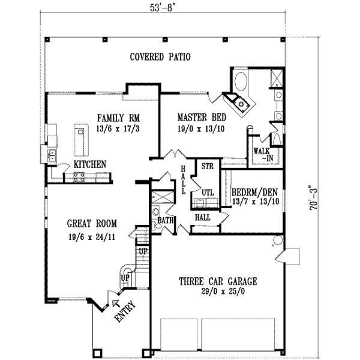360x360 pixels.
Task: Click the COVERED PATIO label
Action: point(160,58)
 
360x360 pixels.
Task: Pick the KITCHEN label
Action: point(90,164)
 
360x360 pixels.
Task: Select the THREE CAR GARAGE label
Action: point(218,281)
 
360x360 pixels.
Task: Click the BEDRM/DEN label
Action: point(255,193)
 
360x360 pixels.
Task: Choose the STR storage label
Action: point(208,166)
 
